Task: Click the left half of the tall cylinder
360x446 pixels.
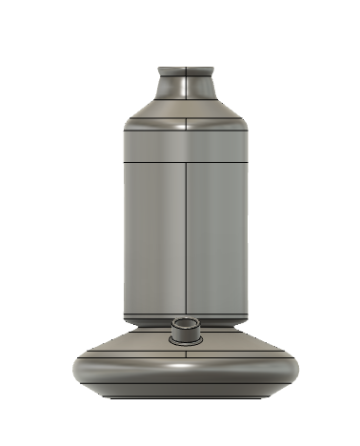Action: point(152,238)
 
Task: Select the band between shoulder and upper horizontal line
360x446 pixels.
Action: point(152,143)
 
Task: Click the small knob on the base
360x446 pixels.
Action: point(184,335)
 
